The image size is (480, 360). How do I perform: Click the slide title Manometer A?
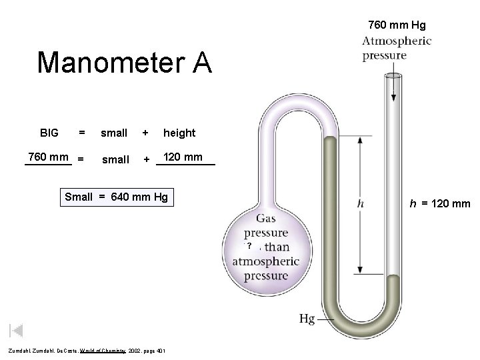point(125,63)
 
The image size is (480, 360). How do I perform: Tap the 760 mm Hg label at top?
point(397,26)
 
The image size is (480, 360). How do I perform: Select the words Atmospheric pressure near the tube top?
point(397,48)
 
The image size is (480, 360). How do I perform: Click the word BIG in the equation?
point(49,133)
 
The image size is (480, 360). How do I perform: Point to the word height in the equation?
point(179,133)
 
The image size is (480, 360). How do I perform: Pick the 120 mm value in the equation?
point(184,158)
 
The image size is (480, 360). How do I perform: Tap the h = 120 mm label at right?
point(441,203)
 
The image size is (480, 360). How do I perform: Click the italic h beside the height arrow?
point(360,204)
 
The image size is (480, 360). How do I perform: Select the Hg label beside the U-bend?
point(307,319)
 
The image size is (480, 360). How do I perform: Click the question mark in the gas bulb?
point(249,247)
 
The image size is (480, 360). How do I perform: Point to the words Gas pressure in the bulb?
point(265,227)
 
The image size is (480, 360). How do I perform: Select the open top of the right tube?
point(393,75)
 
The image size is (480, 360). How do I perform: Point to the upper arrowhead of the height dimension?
point(360,140)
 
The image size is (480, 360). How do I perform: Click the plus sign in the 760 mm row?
point(146,159)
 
